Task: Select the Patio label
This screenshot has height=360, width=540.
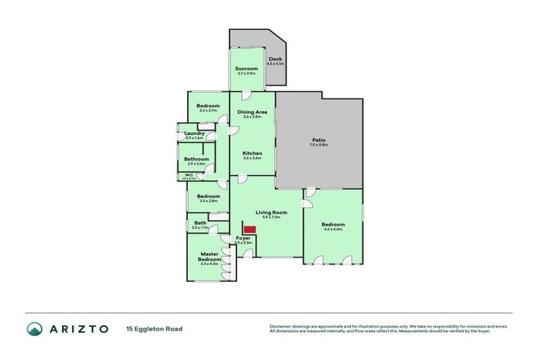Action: point(319,141)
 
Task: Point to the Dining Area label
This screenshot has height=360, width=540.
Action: point(252,112)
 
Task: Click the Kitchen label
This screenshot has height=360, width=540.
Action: point(252,153)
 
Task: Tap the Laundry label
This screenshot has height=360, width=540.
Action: point(194,133)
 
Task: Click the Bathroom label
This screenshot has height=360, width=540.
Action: point(197,159)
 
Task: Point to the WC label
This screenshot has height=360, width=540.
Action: point(188,175)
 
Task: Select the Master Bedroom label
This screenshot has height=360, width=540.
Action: point(210,257)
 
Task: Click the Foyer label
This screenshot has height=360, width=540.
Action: point(243,238)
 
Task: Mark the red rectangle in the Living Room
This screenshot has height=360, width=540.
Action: point(249,229)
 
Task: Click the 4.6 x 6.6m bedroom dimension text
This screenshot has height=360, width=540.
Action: point(333,229)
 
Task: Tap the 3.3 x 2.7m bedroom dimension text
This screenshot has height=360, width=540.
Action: point(209,110)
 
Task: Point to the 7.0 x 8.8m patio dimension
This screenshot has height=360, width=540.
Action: point(319,146)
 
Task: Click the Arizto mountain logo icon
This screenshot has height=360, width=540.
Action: point(34,328)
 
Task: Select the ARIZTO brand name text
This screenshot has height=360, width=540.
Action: point(79,328)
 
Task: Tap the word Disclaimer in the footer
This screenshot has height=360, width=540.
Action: point(280,326)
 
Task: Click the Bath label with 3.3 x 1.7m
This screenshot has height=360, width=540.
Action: point(200,224)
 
